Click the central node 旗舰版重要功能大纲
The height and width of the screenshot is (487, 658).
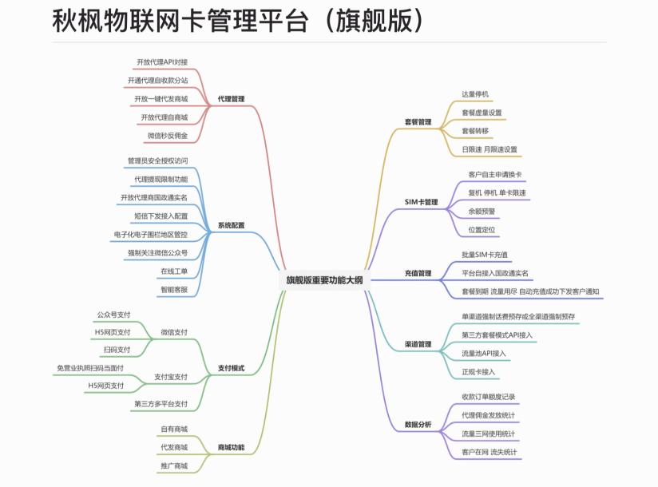(324, 279)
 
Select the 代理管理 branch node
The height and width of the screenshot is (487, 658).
(231, 99)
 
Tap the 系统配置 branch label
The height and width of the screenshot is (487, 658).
(231, 225)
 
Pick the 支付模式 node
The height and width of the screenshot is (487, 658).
(231, 368)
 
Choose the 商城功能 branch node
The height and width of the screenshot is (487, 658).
(231, 446)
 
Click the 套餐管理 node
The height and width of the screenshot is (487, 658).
(418, 122)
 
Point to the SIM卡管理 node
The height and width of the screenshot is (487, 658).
(421, 202)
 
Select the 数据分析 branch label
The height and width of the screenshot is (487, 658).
(418, 424)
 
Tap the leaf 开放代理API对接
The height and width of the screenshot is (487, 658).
(162, 61)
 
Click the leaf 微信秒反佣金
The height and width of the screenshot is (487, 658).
(168, 136)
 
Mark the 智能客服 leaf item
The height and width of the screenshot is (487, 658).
(174, 289)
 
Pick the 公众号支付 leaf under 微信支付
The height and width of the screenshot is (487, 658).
(113, 315)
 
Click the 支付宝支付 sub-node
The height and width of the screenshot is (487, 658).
(171, 377)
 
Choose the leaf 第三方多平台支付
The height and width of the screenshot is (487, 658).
(161, 404)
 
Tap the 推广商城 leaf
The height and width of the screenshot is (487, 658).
(174, 465)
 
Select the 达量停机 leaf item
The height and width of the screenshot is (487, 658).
(474, 94)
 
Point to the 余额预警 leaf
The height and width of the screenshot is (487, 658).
(482, 211)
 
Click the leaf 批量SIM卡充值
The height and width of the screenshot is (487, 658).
(485, 255)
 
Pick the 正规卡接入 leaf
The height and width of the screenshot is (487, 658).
(478, 371)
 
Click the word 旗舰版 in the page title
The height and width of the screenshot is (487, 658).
(375, 21)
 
